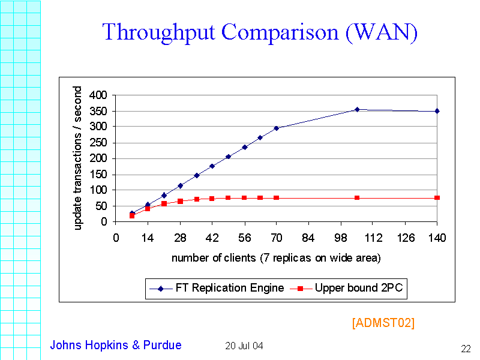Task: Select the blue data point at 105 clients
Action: click(357, 109)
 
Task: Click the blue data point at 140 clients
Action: click(437, 111)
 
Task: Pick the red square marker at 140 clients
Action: click(437, 197)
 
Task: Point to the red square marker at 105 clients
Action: click(357, 197)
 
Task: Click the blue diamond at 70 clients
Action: click(277, 128)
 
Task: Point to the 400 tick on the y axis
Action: click(97, 95)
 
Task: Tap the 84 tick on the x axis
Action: click(309, 238)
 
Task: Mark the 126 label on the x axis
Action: click(406, 238)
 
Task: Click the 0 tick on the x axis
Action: click(116, 238)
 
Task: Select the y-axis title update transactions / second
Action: click(78, 158)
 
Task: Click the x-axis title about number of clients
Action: click(276, 258)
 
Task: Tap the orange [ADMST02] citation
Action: click(383, 323)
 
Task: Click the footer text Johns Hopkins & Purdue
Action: click(115, 345)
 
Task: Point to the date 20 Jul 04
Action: click(244, 346)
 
